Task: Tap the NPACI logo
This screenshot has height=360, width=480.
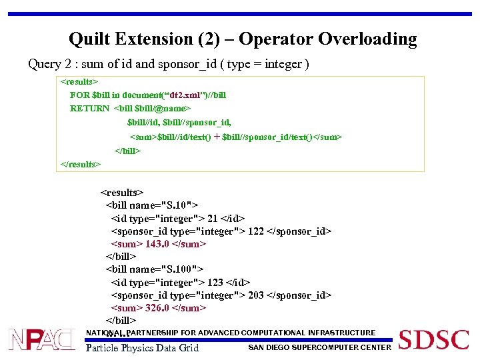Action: point(41,339)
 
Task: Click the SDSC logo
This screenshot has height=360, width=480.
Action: point(434,339)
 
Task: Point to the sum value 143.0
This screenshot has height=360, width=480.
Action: point(157,244)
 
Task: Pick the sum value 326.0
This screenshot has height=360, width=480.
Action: point(157,308)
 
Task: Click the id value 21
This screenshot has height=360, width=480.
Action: point(213,219)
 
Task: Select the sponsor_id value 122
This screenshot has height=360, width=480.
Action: point(256,231)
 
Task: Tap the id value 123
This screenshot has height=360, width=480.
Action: point(215,283)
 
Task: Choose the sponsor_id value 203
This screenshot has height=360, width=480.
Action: point(256,295)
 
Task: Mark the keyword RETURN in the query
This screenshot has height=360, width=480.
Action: point(90,109)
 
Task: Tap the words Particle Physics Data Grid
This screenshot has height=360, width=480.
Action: point(142,347)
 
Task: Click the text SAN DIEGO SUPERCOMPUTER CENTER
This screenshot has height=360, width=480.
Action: point(319,347)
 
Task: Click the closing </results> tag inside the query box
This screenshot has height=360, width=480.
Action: point(81,164)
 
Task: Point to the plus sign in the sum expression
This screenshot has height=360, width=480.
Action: point(217,137)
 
